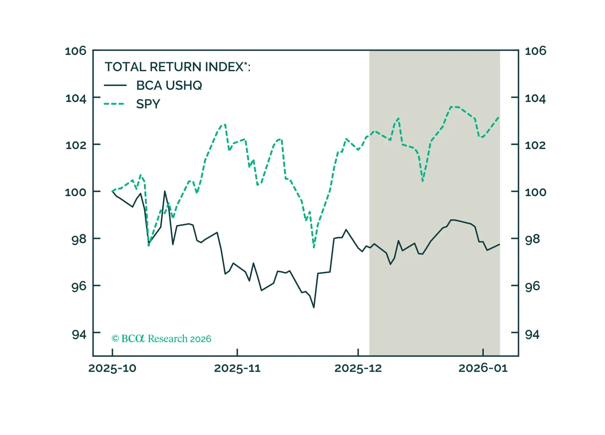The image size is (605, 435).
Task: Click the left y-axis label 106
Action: (76, 51)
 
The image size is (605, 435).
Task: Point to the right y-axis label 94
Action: (532, 335)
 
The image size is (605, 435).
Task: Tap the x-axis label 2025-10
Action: (112, 368)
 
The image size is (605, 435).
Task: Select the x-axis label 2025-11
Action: (237, 368)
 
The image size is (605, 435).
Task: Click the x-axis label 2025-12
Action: (358, 368)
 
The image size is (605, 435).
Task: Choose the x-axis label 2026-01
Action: (483, 368)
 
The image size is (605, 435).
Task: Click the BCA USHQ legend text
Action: (169, 86)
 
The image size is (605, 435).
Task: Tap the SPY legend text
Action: (148, 104)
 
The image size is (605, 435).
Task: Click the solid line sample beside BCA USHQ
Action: (115, 86)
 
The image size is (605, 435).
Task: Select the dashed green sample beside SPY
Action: (114, 104)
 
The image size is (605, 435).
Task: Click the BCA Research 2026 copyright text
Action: (161, 339)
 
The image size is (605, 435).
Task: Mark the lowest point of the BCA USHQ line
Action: (314, 307)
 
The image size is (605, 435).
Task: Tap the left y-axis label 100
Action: (76, 192)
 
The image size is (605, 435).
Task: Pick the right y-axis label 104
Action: (535, 98)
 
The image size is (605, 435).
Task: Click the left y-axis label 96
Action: (79, 286)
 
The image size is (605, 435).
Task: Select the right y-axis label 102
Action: (535, 145)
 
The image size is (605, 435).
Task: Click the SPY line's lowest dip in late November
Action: (314, 248)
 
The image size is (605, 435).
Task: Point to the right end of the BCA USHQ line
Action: (499, 244)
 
